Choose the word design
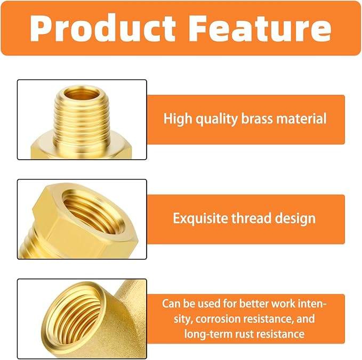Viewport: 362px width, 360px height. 296,218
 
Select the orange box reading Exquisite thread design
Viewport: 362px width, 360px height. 245,219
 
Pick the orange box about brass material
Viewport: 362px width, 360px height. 245,119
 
